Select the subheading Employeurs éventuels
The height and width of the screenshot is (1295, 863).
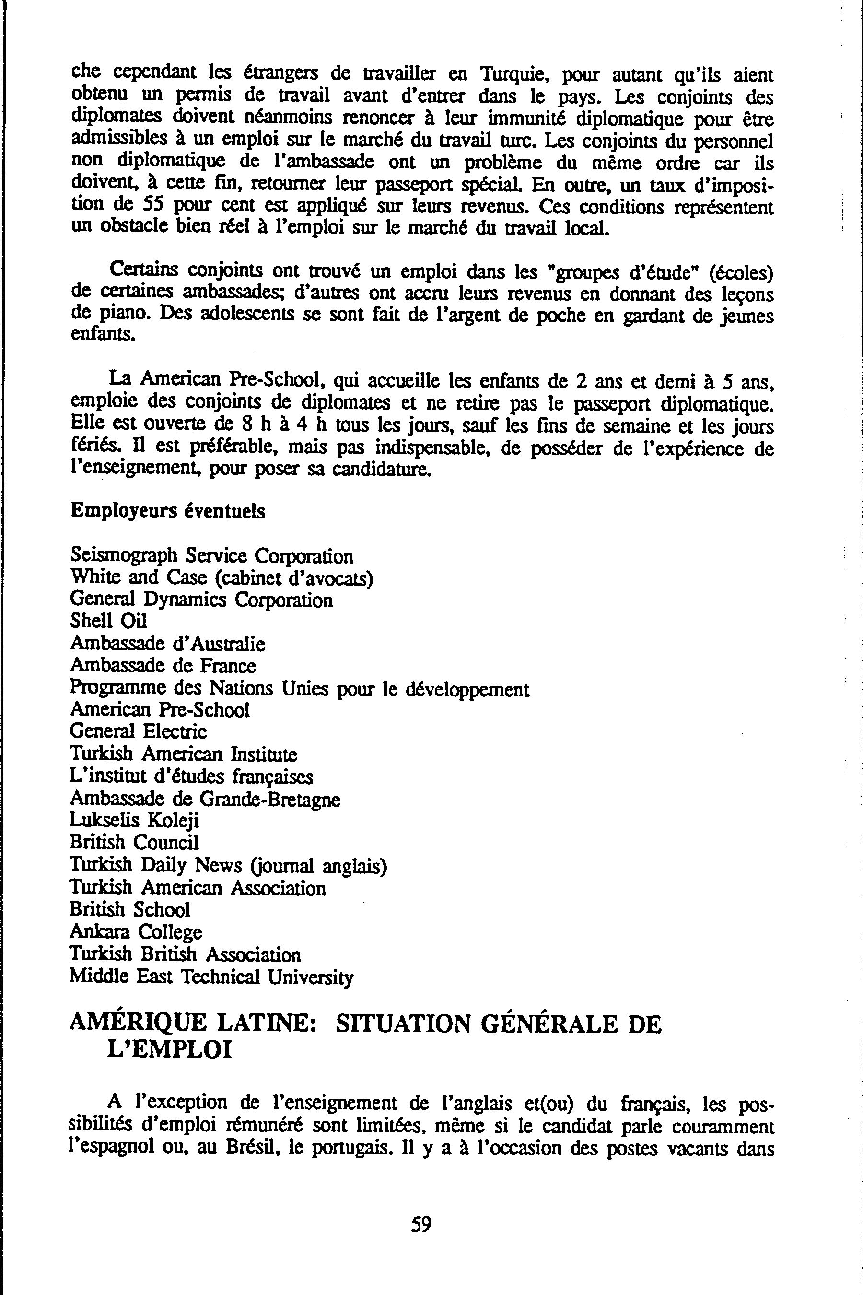(x=167, y=511)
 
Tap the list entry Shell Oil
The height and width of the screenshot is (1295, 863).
(x=108, y=621)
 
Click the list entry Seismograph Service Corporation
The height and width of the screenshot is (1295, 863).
(x=211, y=555)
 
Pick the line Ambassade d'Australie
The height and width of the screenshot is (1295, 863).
(x=167, y=644)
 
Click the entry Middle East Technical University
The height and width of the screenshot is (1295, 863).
(x=211, y=976)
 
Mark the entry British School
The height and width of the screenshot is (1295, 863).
(x=130, y=909)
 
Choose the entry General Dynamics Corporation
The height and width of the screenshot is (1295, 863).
(x=201, y=600)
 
